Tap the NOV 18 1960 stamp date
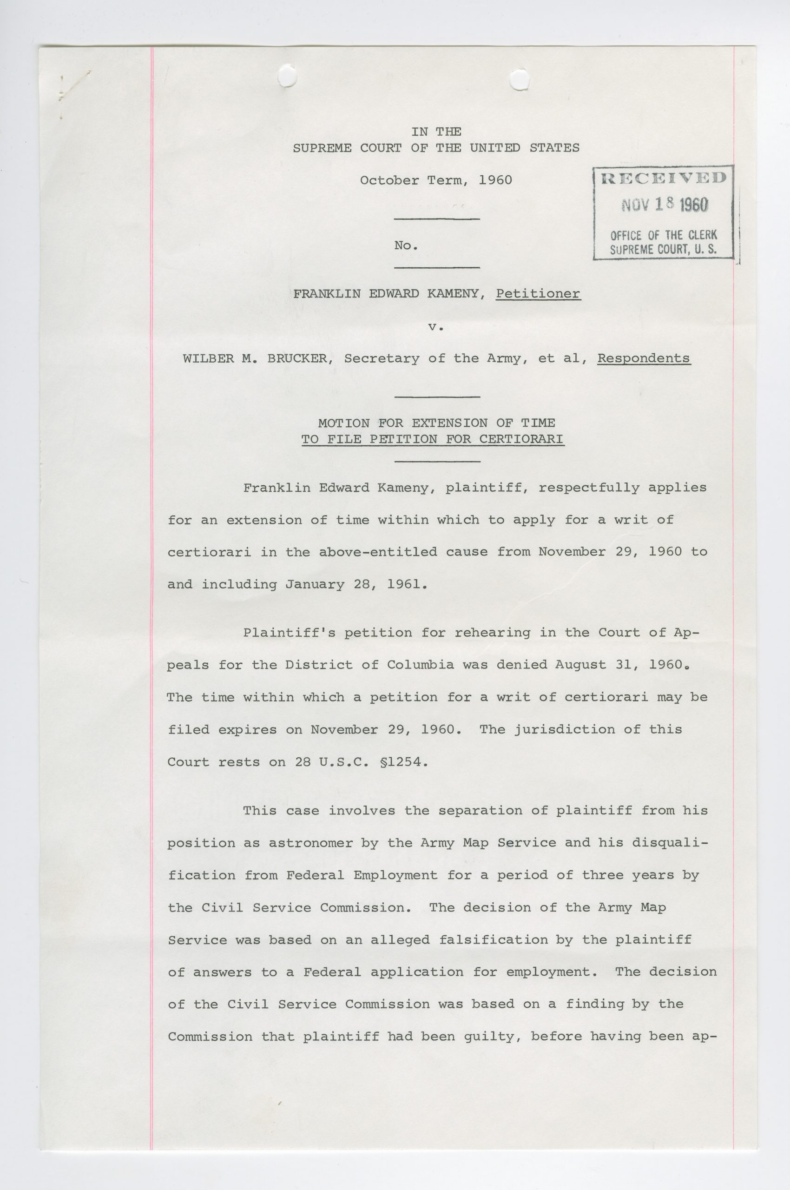(665, 204)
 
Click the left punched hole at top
(287, 78)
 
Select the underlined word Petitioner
(538, 293)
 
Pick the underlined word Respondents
(644, 358)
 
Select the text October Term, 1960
(436, 180)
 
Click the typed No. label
(406, 245)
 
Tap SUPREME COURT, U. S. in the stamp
(664, 249)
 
